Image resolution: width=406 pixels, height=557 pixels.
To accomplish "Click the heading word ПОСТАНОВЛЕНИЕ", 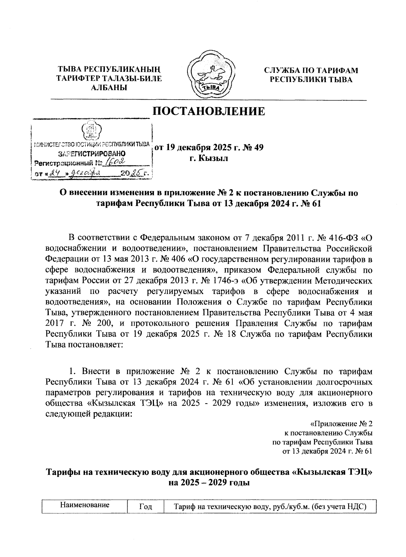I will tap(209, 111).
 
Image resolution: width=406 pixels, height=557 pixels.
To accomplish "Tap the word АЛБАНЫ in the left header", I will tap(109, 88).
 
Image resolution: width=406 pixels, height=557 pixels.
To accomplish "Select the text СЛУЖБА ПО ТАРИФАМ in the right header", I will tap(311, 70).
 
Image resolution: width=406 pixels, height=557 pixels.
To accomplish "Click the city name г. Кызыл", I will tap(208, 158).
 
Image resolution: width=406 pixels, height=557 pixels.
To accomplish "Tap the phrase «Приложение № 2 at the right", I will tap(341, 424).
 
